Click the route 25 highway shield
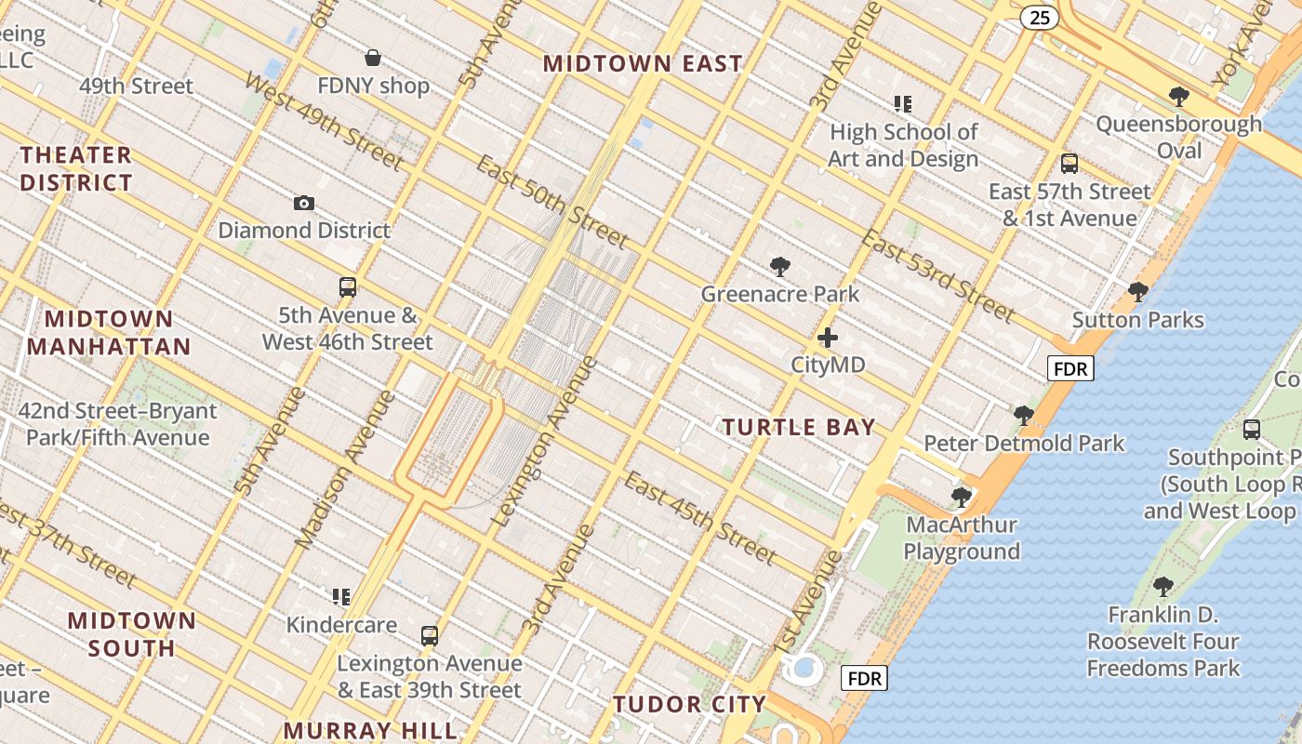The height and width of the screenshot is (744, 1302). [x=1039, y=17]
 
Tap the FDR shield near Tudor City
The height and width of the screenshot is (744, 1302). [x=864, y=678]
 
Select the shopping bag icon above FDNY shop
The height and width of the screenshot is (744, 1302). [x=373, y=58]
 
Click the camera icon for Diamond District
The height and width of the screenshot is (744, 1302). [x=303, y=203]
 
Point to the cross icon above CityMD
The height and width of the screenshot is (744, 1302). [x=828, y=338]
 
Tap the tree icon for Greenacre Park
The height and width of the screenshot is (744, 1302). [x=780, y=268]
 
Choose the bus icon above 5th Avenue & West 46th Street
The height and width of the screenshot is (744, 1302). [x=348, y=287]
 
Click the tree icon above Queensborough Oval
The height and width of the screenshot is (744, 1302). [x=1178, y=96]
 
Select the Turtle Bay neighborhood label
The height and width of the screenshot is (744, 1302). [x=799, y=427]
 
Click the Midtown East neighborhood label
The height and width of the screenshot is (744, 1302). [x=643, y=63]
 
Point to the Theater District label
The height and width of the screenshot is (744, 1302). [x=76, y=168]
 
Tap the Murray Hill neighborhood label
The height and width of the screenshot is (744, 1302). [x=370, y=730]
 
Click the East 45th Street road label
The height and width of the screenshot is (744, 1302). [x=699, y=518]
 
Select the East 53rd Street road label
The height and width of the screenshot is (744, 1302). [x=937, y=275]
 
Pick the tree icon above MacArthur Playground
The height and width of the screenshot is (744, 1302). [x=962, y=498]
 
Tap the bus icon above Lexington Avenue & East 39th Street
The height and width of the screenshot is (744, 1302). [x=429, y=636]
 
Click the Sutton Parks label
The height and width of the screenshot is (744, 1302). [x=1137, y=320]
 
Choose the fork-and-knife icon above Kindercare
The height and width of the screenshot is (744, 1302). [x=341, y=596]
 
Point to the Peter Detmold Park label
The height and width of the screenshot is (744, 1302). [x=1024, y=443]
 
